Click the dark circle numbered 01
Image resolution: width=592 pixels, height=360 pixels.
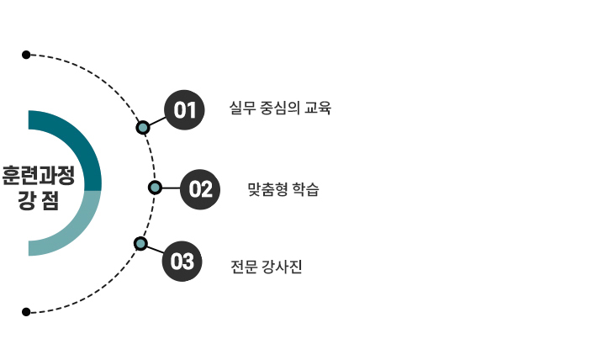[x=185, y=110]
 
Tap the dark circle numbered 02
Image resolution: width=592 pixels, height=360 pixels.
[x=200, y=188]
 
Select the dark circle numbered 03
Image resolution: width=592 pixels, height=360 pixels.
[x=182, y=262]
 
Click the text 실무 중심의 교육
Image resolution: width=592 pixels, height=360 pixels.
[x=280, y=108]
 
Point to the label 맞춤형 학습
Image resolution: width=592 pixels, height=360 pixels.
[x=283, y=189]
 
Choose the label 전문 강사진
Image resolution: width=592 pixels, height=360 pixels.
[x=266, y=267]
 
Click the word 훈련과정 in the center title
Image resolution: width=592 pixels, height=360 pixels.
[x=38, y=176]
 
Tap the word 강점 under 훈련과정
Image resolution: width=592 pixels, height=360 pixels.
[x=38, y=203]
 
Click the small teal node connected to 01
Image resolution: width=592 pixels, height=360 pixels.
[x=143, y=128]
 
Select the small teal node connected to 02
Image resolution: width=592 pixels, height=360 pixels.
[x=155, y=187]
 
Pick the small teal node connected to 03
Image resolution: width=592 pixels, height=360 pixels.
[x=140, y=244]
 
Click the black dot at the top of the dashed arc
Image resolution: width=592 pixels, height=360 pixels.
[x=26, y=55]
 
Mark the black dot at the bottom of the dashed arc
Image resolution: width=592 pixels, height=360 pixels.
[x=26, y=311]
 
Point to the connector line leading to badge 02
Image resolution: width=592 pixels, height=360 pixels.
[x=171, y=188]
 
